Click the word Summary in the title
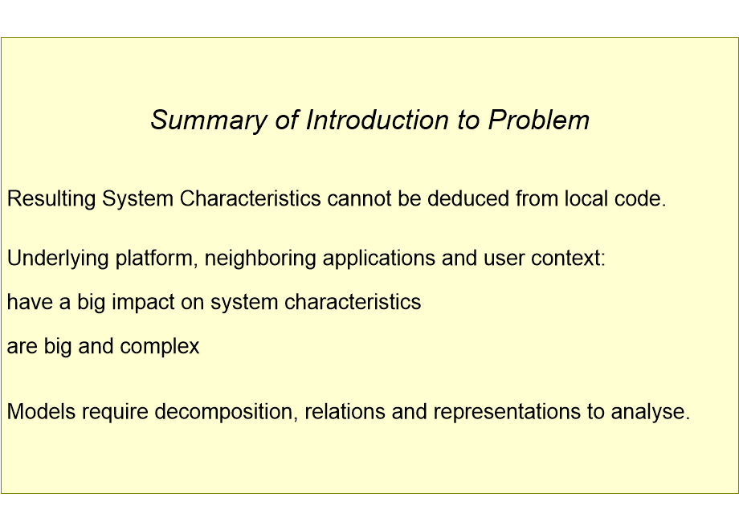point(209,121)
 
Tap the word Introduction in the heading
point(377,120)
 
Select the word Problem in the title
point(539,120)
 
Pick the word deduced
point(468,198)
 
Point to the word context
point(568,259)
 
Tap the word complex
point(160,347)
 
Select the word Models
point(42,411)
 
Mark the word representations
point(507,413)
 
